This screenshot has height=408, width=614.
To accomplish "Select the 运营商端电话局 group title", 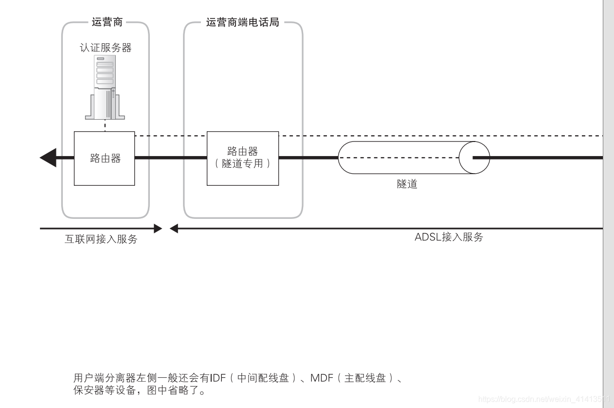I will pos(242,22).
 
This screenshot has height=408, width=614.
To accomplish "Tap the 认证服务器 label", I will pos(106,48).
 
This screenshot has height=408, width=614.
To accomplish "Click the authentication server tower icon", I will pos(105,88).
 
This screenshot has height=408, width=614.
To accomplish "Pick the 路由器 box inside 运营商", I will pos(104,158).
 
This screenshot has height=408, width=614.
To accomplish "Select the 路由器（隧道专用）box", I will pos(243,158).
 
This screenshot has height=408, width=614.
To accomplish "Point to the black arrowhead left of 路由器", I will pos(48,158).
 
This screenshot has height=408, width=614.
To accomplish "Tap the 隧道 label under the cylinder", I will pos(407,184).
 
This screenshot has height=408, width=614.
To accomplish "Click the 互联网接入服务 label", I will pos(101,239).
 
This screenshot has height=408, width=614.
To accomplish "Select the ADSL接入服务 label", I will pos(449,237).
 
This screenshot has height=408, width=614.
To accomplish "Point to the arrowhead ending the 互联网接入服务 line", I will pos(158,228).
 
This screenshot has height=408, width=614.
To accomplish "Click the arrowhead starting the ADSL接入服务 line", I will pos(174,228).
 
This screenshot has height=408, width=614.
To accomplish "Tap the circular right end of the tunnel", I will pos(474,158).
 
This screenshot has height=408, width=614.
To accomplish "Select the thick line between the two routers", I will pos(170,158).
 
